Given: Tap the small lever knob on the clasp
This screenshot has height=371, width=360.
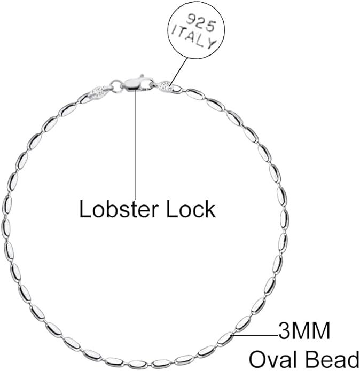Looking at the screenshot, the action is [x=142, y=76].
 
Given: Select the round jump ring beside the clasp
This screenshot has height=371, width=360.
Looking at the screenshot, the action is [x=116, y=85].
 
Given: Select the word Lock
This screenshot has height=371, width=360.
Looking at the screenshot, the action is [x=191, y=209].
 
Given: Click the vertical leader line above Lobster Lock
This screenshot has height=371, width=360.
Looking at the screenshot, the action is [x=136, y=144].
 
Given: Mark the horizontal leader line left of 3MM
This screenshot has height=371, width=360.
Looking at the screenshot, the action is [x=254, y=335].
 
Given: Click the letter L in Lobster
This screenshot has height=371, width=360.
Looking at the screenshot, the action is [x=85, y=209].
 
